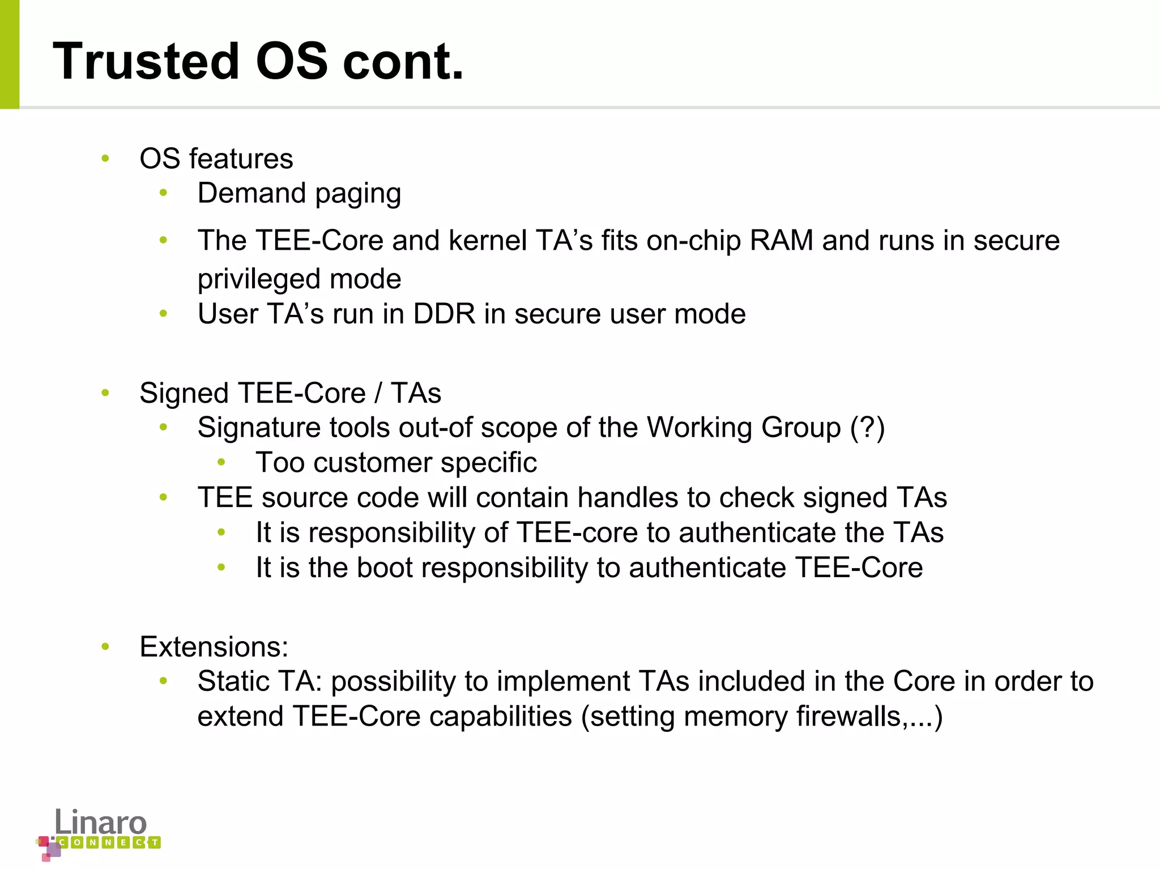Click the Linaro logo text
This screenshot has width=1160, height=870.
[x=100, y=822]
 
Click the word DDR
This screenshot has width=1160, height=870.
[x=444, y=314]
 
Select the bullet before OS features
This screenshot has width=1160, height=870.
[x=105, y=159]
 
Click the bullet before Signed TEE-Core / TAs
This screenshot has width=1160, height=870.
[x=105, y=393]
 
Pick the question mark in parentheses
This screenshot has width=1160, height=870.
[x=867, y=428]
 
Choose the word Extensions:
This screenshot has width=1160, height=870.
[x=214, y=647]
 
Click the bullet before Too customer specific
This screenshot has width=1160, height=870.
[x=221, y=463]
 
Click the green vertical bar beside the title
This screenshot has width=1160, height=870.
[x=10, y=54]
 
